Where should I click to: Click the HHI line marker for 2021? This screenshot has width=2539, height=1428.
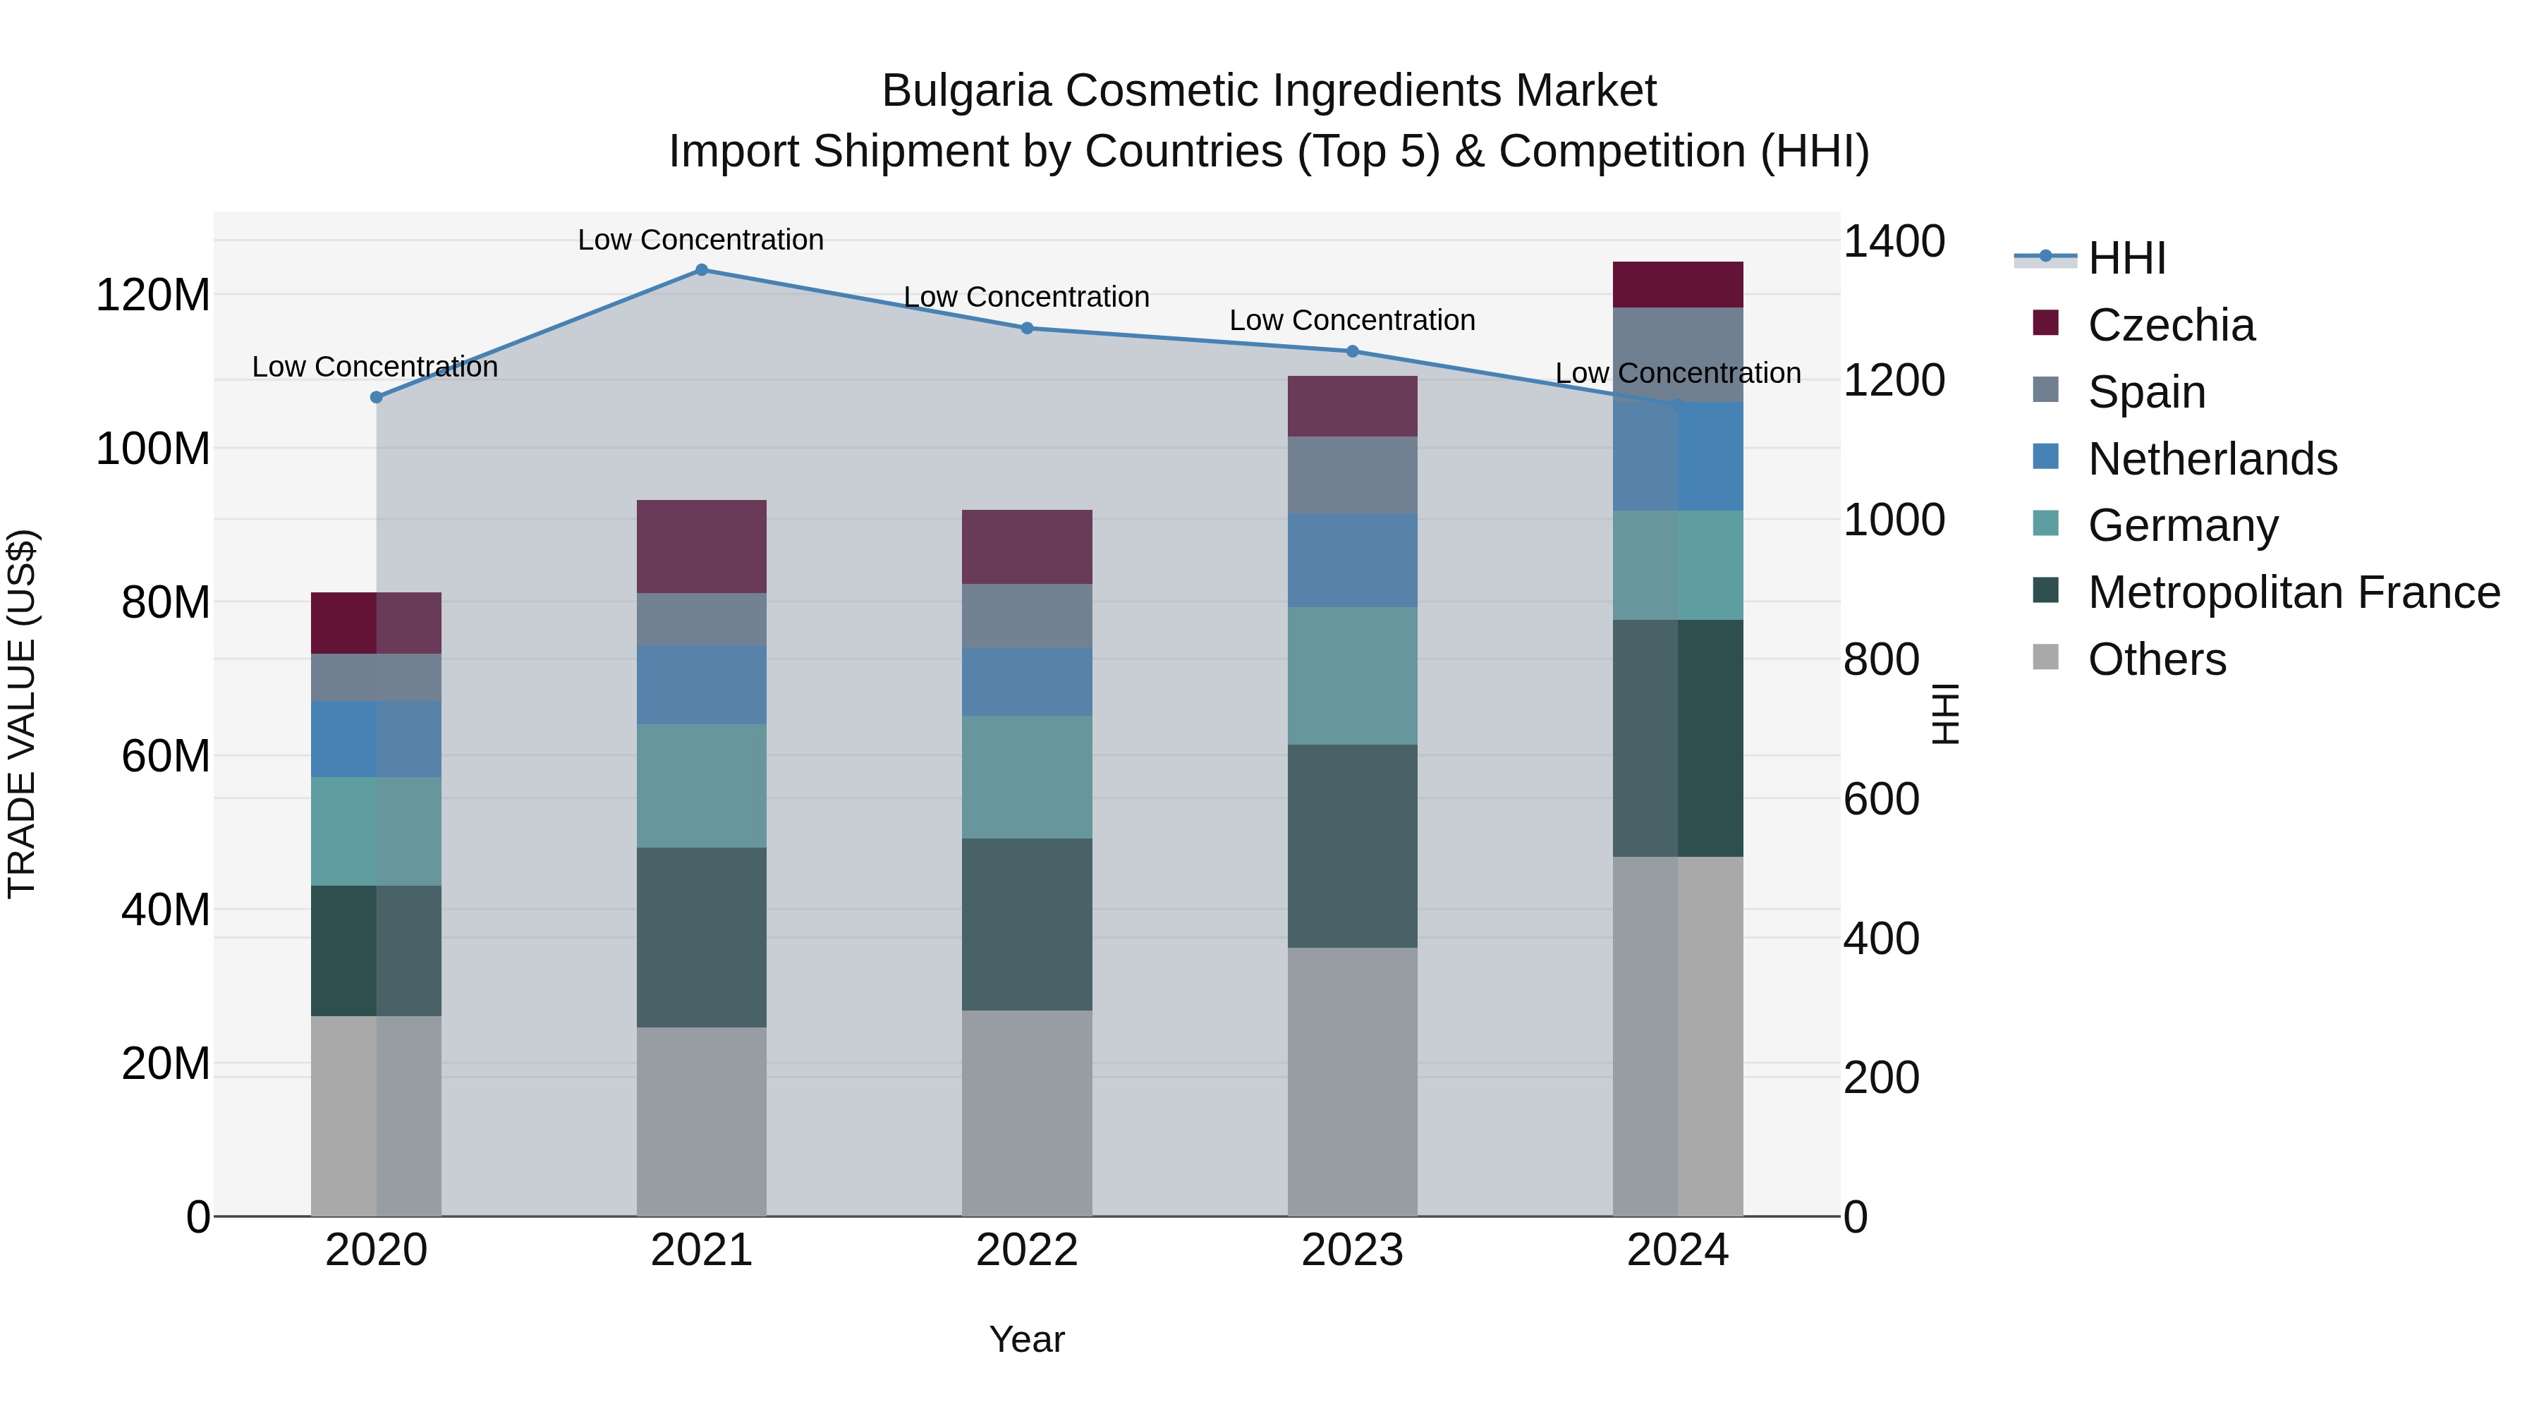coord(701,269)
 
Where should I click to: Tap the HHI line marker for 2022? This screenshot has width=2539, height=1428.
coord(1026,328)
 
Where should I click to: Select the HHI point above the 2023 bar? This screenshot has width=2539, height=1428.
coord(1352,351)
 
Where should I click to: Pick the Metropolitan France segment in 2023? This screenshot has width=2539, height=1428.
coord(1352,846)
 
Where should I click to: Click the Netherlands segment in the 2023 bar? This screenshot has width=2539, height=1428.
coord(1352,560)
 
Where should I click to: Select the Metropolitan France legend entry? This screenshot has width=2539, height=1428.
coord(2293,592)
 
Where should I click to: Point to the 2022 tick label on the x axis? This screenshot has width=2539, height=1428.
coord(1026,1250)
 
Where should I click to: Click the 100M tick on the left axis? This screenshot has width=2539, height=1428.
coord(153,448)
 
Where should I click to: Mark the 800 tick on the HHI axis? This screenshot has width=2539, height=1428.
coord(1880,659)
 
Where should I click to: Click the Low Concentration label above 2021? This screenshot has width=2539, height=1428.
coord(701,240)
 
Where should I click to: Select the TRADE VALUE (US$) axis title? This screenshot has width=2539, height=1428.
coord(22,714)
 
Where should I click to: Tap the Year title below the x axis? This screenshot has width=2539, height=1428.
coord(1026,1339)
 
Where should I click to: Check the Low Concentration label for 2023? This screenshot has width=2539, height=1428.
coord(1352,320)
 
